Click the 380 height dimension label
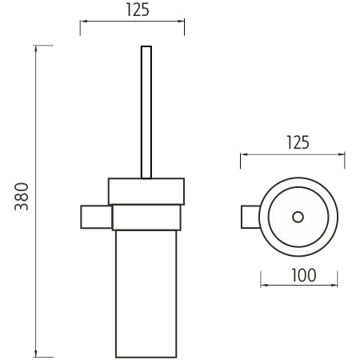coord(22,197)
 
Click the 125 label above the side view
coord(138,10)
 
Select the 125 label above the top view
coord(298,142)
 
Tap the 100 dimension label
coord(304,275)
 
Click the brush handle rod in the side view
coord(146,112)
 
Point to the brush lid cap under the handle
coord(146,191)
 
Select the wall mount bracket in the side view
coord(96,217)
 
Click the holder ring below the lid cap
coord(146,217)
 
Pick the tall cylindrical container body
coord(146,294)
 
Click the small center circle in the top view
coord(298,217)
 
